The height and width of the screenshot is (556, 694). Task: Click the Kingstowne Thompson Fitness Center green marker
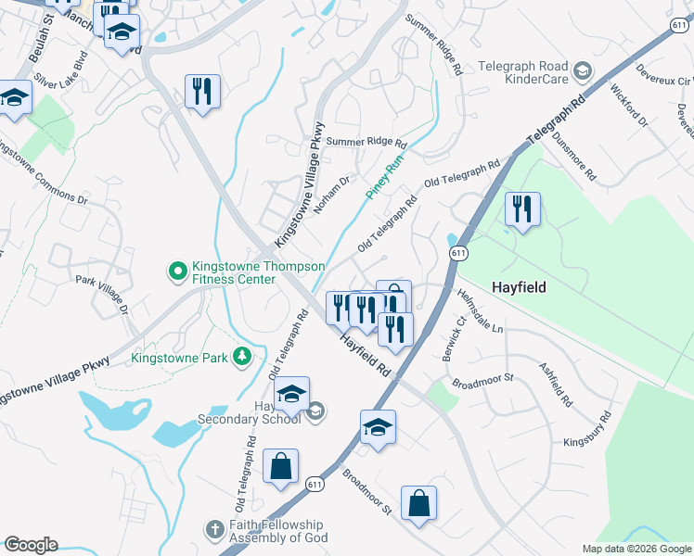click(x=176, y=272)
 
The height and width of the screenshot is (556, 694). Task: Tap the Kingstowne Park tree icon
click(x=241, y=357)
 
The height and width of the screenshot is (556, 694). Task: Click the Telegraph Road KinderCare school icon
click(x=582, y=70)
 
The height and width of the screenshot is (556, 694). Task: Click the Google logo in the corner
click(x=30, y=545)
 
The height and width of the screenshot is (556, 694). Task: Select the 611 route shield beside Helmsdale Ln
click(x=457, y=252)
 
